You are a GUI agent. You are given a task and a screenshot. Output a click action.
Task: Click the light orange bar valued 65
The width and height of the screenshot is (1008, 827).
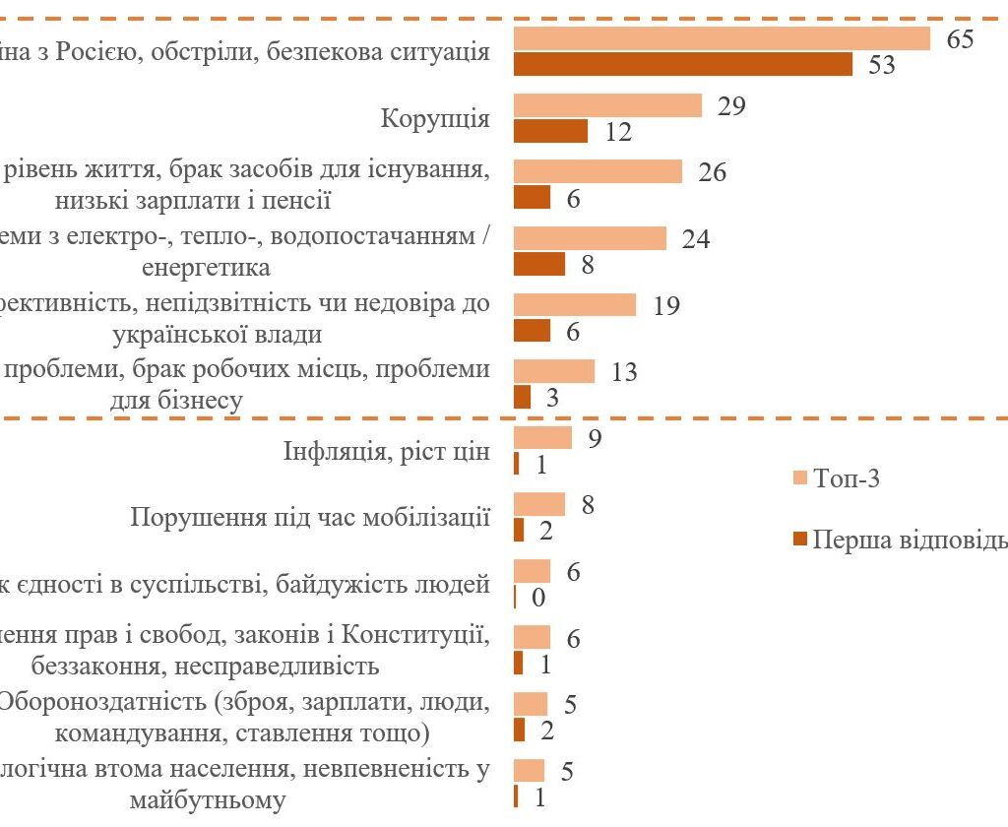click(722, 38)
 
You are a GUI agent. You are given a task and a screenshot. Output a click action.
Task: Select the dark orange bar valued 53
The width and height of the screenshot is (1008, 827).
click(683, 64)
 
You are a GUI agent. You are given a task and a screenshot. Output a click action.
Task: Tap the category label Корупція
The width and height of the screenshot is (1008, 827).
click(435, 119)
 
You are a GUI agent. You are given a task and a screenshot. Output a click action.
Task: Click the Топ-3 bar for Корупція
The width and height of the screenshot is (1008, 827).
click(607, 105)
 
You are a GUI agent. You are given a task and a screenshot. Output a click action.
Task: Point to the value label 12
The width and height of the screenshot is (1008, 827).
click(618, 132)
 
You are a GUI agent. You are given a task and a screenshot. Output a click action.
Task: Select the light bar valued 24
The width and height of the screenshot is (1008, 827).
click(590, 238)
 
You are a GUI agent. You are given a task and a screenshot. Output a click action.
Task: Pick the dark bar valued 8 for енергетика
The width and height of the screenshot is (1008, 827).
click(539, 264)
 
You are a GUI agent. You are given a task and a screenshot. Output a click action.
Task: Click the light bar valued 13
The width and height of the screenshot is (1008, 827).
click(554, 371)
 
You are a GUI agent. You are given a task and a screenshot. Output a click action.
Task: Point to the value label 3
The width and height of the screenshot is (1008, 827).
click(553, 398)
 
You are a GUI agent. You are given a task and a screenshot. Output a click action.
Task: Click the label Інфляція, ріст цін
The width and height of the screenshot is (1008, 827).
click(387, 453)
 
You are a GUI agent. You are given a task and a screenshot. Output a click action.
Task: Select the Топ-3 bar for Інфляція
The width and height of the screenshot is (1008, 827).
click(542, 438)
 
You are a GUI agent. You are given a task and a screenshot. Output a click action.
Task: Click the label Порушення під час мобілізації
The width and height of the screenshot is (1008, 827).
click(310, 518)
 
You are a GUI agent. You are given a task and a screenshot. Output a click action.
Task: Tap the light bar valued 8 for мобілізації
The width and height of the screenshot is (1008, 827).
click(539, 505)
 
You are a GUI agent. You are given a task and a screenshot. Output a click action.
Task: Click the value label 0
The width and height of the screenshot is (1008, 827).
click(538, 597)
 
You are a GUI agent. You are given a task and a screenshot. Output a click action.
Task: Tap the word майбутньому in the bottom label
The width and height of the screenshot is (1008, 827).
click(209, 799)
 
